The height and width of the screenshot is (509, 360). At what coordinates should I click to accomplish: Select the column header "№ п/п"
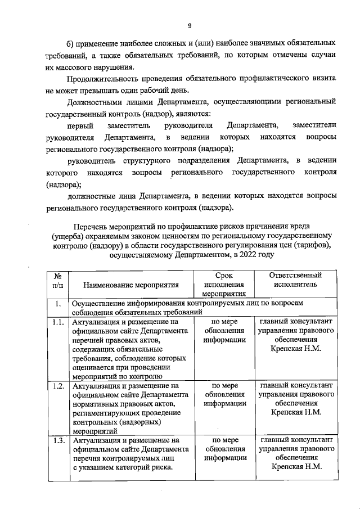[x=57, y=280]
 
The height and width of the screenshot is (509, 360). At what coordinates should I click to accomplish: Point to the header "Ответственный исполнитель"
[x=296, y=280]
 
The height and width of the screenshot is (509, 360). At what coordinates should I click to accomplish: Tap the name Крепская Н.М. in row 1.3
[x=296, y=467]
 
